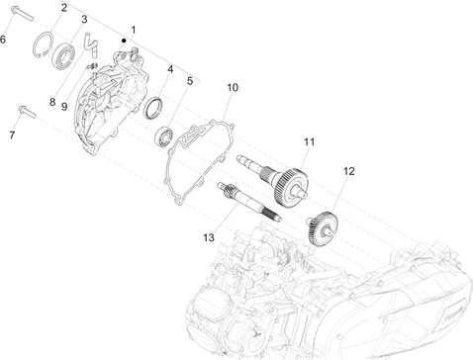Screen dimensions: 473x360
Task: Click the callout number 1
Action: click(x=134, y=30)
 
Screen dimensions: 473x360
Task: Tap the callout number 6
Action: click(x=3, y=40)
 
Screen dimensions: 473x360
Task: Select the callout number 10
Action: click(x=233, y=88)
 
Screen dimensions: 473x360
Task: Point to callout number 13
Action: click(x=209, y=237)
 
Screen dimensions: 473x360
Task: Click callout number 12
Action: click(x=348, y=171)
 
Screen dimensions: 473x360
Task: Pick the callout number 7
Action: click(x=12, y=135)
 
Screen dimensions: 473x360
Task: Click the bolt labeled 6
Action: click(x=22, y=13)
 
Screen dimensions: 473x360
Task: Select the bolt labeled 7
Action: click(x=27, y=111)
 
